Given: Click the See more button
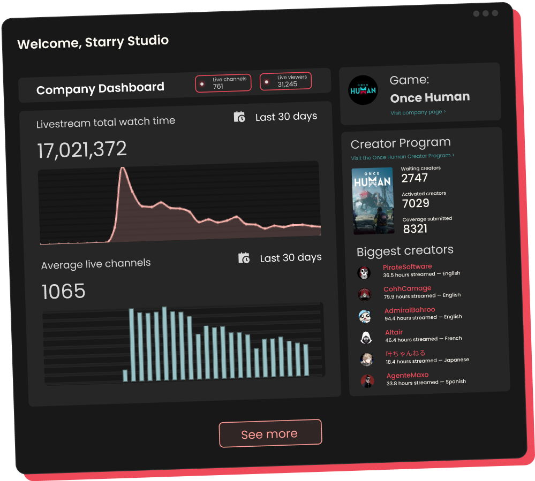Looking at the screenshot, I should (270, 433).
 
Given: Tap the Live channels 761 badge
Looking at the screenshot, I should (223, 83).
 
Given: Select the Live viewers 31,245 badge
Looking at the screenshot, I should (285, 81).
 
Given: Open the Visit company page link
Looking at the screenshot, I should (418, 112).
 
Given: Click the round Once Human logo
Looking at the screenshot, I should (363, 90).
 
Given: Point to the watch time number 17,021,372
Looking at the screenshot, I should (82, 150).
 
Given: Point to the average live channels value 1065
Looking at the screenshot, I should (64, 292).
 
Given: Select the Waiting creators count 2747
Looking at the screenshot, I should (415, 178).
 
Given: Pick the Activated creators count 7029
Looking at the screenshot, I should (416, 203).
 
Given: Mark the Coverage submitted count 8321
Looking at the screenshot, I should (415, 228).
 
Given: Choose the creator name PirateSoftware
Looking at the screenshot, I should (407, 267).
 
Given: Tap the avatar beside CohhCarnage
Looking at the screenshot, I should (365, 294).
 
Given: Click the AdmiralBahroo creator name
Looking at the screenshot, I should (410, 310).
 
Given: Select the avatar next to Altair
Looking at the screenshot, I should (366, 338).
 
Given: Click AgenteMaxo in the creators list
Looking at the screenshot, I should (408, 376).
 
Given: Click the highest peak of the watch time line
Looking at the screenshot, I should (123, 169).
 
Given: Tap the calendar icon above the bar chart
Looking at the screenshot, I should (244, 258).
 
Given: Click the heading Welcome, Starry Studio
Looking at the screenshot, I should (93, 42).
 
